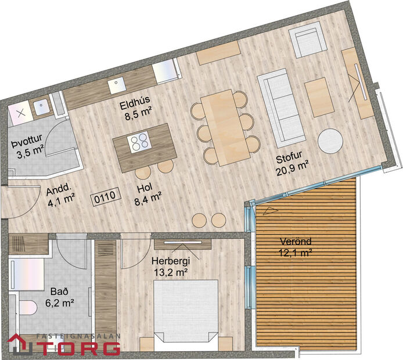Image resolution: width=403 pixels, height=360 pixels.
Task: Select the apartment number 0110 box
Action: pyautogui.click(x=105, y=196)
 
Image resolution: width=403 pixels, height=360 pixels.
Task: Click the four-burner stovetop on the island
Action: pyautogui.click(x=140, y=141)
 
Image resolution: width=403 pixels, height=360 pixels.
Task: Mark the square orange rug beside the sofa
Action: pyautogui.click(x=320, y=96)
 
